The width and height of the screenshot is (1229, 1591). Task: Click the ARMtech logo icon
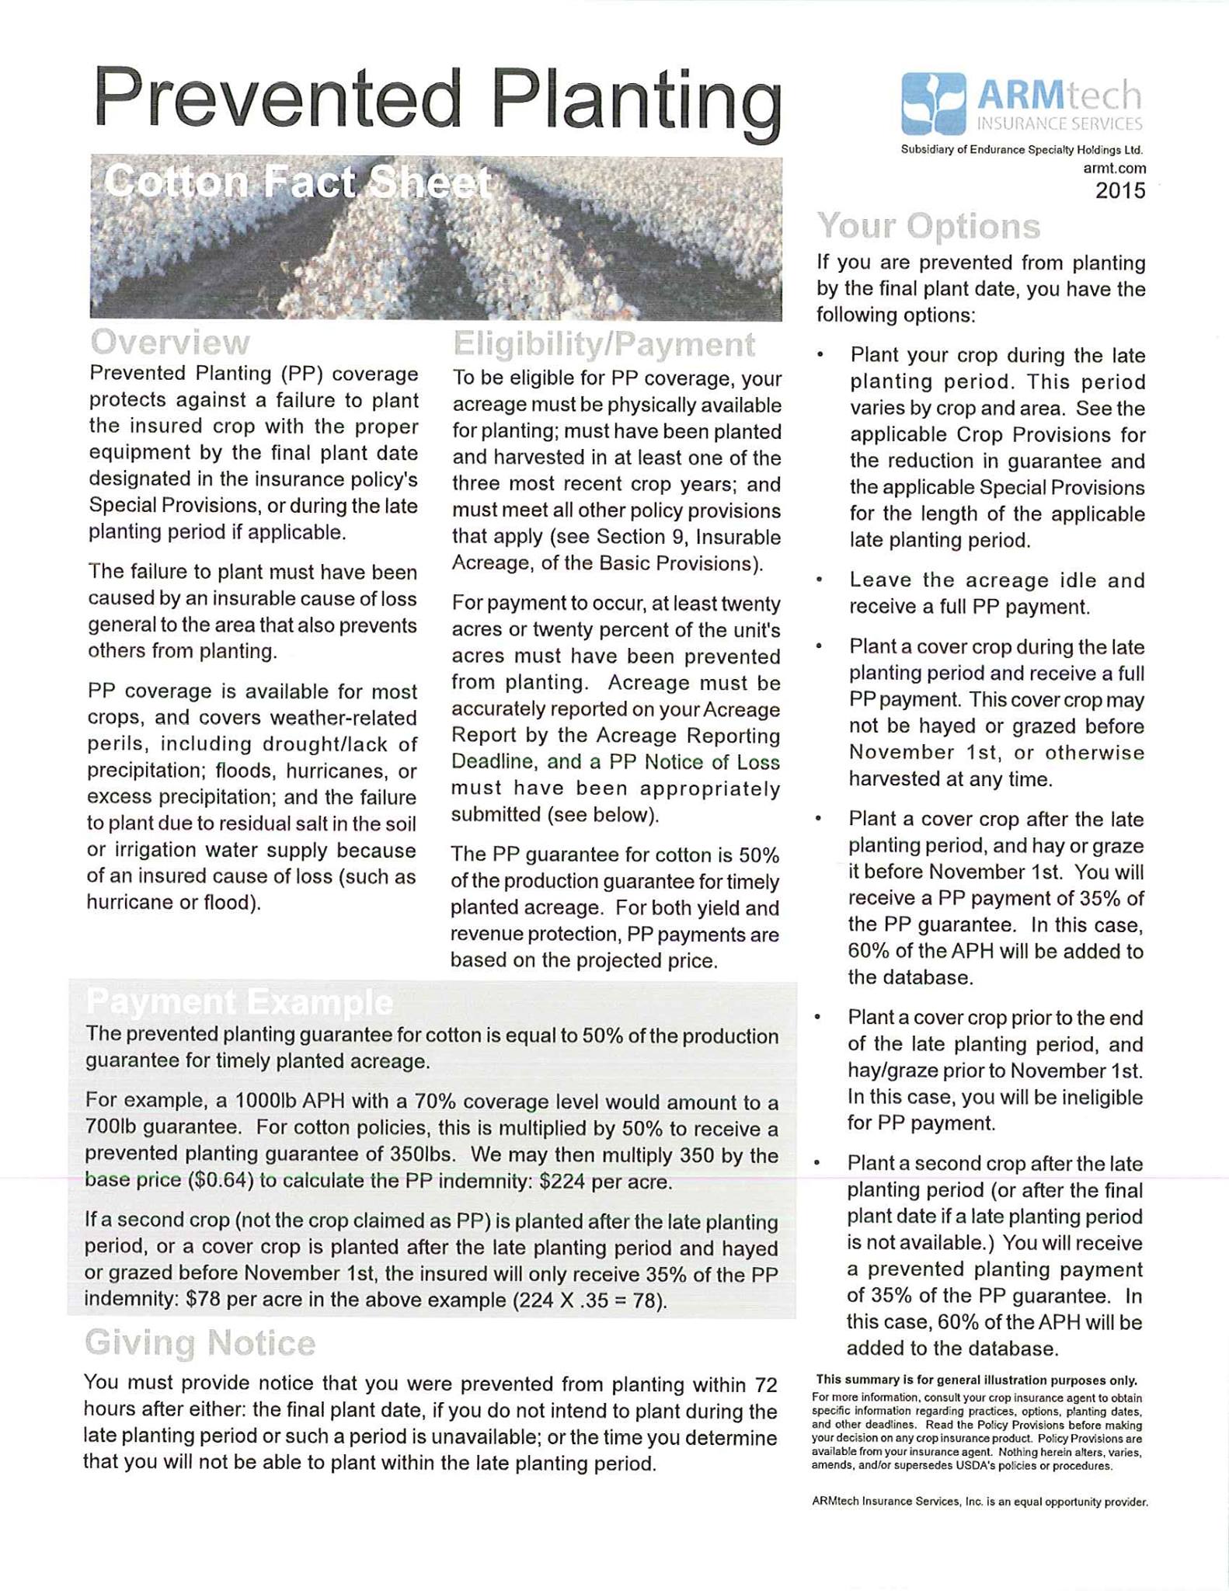coord(933,103)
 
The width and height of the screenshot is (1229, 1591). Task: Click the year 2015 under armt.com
coord(1119,191)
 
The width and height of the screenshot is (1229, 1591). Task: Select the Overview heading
coord(170,343)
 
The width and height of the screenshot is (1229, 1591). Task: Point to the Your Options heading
coord(928,227)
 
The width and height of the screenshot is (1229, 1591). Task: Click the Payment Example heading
coord(239,1003)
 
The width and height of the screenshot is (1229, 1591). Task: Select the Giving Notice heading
coord(200,1343)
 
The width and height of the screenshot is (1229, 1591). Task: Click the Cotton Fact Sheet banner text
coord(298,184)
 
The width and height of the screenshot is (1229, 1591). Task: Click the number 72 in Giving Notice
coord(765,1385)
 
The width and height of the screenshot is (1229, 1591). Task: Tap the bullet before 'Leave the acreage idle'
coord(820,581)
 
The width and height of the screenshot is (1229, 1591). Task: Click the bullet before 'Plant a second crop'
coord(818,1164)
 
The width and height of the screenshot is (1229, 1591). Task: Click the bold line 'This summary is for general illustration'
coord(976,1380)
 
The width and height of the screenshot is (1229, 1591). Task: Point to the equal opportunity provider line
coord(979,1502)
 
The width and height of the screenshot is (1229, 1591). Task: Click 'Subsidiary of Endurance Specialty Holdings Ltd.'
coord(1022,150)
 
